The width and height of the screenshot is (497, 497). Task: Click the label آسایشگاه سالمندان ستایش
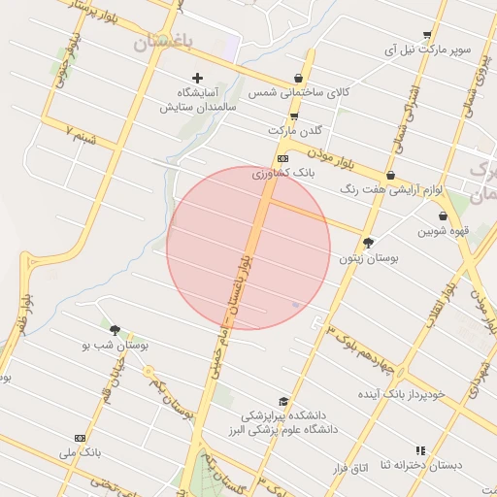click(199, 99)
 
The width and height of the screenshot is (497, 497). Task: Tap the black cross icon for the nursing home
click(198, 77)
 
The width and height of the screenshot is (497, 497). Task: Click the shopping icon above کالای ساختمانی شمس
click(297, 79)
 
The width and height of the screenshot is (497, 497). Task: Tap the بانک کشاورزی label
click(283, 173)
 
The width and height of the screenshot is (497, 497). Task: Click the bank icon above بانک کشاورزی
click(282, 158)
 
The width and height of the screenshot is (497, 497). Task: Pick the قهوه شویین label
click(444, 231)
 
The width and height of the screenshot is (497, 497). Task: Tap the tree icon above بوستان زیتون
click(368, 243)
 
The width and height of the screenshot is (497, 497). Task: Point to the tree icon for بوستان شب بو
click(116, 330)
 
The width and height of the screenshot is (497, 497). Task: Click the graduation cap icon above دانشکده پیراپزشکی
click(283, 401)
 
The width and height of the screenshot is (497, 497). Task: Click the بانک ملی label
click(80, 452)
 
